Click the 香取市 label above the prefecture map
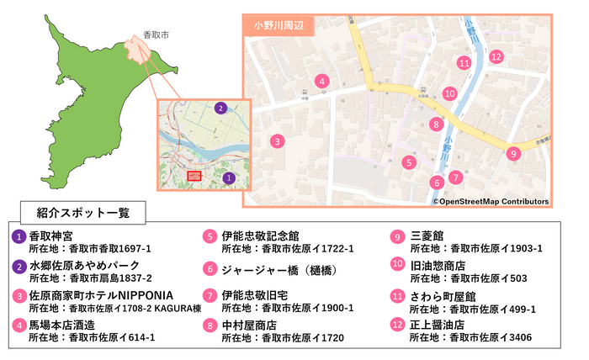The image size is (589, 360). point(156,35)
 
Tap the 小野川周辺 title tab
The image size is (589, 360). point(279,25)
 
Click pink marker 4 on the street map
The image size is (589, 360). point(321,82)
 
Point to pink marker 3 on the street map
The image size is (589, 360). point(277,141)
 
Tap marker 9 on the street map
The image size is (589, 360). point(513,153)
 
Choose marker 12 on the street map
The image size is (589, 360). point(496,57)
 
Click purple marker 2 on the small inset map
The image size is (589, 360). point(220,108)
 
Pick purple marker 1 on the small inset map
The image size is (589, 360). point(228,177)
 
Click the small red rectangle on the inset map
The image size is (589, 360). point(194,176)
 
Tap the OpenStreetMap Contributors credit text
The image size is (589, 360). point(491,202)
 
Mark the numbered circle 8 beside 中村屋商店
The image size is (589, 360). point(210,325)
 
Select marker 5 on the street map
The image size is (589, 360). point(409,162)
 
